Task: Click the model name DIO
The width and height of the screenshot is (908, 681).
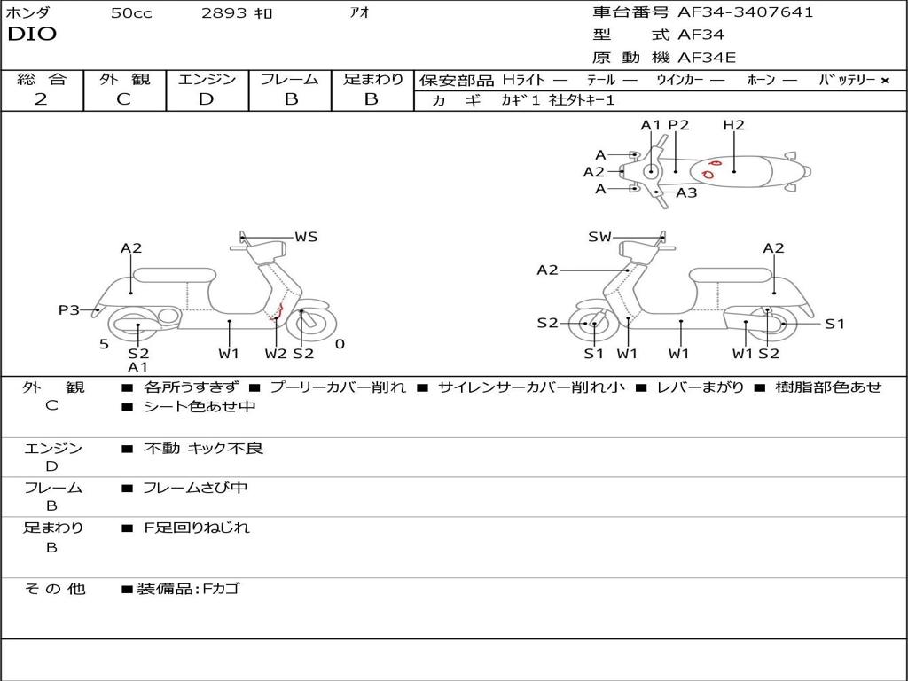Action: (32, 35)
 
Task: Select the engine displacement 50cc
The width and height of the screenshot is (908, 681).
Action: (131, 13)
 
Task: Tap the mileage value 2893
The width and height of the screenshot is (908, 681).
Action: (224, 13)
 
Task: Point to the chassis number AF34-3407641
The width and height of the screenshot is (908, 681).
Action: (745, 12)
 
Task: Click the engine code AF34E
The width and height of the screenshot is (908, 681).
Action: (707, 59)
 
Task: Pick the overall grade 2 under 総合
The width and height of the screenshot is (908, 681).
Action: (41, 99)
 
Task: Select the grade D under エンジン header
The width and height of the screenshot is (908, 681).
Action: (206, 99)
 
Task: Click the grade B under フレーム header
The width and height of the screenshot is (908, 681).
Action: (290, 99)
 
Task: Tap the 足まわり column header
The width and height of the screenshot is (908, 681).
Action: (372, 80)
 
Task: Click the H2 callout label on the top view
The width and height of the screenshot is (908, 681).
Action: (733, 125)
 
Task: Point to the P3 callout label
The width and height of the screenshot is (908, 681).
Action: (68, 309)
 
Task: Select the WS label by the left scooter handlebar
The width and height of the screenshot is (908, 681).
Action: (306, 237)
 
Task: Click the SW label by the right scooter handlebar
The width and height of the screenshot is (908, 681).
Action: (600, 237)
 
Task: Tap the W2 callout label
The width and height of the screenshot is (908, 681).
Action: (276, 354)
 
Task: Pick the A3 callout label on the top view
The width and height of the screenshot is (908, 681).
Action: (686, 192)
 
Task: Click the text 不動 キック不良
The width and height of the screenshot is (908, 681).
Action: (203, 449)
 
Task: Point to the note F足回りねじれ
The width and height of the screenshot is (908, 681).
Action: (197, 528)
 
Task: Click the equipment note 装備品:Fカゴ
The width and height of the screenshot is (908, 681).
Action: (188, 589)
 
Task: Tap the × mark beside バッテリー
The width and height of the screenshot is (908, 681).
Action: (884, 81)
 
